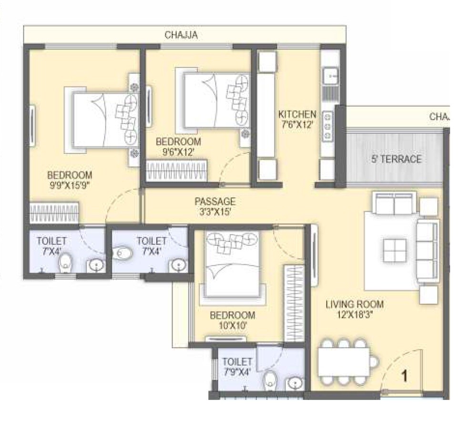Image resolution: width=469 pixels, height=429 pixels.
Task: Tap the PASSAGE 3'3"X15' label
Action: coord(215,206)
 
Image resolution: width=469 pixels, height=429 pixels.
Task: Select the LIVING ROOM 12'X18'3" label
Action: coord(354,309)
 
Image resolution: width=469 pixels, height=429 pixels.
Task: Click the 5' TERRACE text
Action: coord(397,159)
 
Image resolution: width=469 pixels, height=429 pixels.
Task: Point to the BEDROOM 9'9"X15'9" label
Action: coord(69,180)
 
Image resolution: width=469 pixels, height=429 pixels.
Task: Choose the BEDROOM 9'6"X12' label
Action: coord(178,147)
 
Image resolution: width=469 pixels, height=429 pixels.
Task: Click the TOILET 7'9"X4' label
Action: coord(236,367)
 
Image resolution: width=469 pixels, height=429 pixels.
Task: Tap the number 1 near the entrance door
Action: coord(404,376)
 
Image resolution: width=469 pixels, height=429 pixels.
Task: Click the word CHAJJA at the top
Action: coord(181,35)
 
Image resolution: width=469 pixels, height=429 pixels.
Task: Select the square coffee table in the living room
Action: coord(395,250)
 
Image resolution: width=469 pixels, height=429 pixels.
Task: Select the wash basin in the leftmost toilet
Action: coord(96,265)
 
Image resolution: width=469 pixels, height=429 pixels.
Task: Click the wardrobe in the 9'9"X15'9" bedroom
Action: coord(54,212)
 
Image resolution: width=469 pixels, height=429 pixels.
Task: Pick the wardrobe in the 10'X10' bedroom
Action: coord(294,303)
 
